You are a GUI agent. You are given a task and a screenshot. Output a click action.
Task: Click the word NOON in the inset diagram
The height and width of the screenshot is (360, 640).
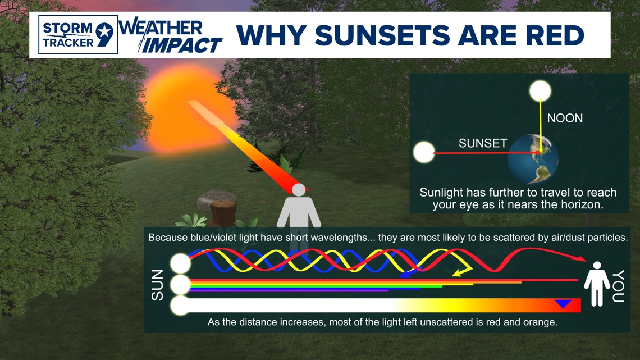click(x=565, y=118)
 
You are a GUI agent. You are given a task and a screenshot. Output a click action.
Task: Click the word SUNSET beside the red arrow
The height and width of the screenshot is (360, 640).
click(x=482, y=143)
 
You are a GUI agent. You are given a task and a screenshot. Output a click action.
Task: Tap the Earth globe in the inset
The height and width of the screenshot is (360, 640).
click(x=533, y=159)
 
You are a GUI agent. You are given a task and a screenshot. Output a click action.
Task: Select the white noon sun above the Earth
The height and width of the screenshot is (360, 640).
click(x=540, y=91)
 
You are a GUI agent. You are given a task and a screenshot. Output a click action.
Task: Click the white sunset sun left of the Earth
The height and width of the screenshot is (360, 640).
click(x=424, y=152)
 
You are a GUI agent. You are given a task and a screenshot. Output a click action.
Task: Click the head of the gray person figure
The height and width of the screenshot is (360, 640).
click(x=299, y=190)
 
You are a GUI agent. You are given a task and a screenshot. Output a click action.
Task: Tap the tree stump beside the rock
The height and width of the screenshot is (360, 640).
click(x=222, y=213)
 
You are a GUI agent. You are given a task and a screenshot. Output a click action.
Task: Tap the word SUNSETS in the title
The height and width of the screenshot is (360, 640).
click(x=382, y=35)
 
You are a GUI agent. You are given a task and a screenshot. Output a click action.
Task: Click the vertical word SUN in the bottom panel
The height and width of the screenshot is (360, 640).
click(x=157, y=285)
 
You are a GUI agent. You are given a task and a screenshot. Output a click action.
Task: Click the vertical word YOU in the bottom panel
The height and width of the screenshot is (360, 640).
click(x=618, y=286)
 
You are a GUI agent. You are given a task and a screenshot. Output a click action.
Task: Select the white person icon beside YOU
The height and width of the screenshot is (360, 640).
click(x=597, y=284)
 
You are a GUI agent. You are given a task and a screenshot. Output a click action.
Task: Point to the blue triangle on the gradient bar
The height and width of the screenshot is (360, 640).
click(x=563, y=304)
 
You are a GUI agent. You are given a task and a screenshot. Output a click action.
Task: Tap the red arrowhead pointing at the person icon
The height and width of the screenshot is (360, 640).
click(x=581, y=258)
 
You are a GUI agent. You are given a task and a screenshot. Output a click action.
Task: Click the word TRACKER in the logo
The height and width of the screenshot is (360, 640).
click(x=68, y=43)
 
